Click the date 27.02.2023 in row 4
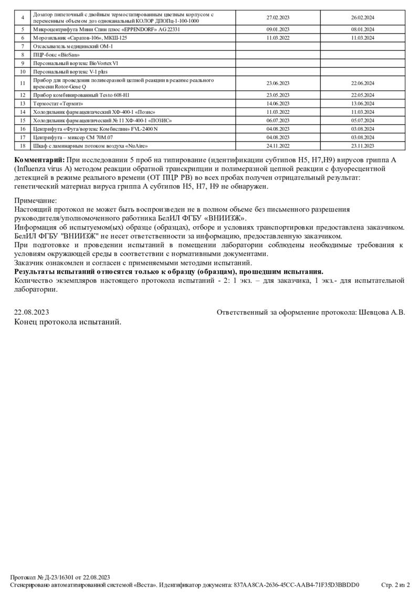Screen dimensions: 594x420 coord(278,17)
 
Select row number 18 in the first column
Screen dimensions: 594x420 coord(23,145)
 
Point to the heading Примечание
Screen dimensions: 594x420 coord(35,200)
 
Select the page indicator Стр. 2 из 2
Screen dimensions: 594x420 coord(395,584)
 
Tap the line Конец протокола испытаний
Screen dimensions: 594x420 coord(68,322)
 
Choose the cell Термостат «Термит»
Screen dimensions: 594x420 coord(58,104)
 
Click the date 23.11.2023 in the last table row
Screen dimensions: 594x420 coord(362,145)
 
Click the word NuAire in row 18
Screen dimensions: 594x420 coord(136,145)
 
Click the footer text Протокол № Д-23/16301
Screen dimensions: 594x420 coord(48,577)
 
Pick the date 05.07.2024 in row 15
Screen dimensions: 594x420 coord(362,120)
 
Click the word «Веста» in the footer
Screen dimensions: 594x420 coord(143,584)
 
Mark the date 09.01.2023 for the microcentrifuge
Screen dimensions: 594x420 coord(278,30)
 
